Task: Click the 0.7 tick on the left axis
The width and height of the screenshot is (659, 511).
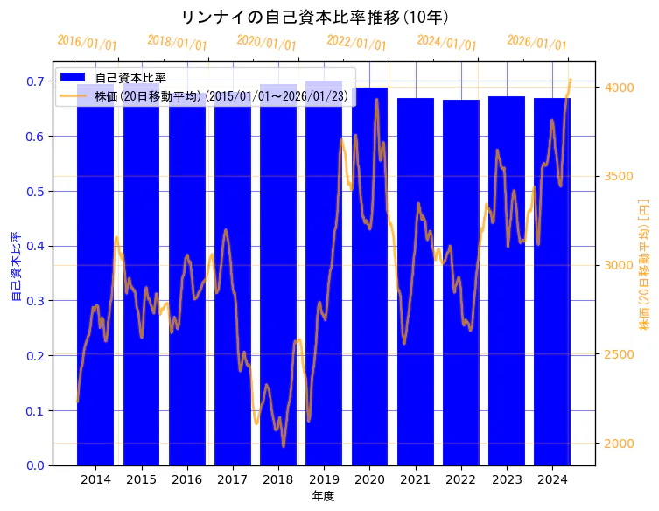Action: point(35,81)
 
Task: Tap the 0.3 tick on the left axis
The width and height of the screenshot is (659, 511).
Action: point(35,301)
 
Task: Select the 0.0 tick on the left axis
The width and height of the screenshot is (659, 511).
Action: point(35,465)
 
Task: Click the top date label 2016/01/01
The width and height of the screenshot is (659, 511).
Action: point(87,43)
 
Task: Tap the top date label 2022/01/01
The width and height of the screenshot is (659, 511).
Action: point(356,43)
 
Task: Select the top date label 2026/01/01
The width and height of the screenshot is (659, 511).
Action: point(536,43)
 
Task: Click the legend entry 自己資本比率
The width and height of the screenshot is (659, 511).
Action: point(130,78)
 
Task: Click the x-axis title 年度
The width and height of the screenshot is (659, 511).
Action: point(323,496)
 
